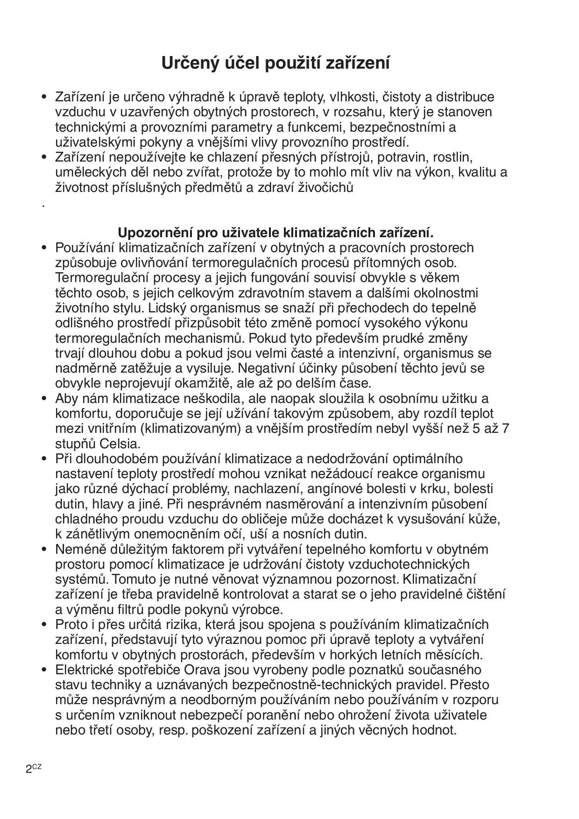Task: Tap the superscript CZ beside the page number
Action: [37, 766]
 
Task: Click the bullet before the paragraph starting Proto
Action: [45, 624]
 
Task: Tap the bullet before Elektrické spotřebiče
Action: [45, 670]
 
